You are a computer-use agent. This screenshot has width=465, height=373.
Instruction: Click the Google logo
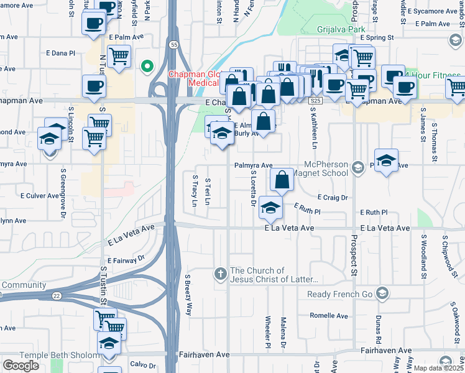point(21,366)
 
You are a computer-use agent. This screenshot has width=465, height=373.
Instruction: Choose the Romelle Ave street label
point(328,315)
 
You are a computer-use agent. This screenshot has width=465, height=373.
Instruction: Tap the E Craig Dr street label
point(332,197)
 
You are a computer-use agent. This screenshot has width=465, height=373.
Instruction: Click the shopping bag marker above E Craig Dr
point(282,180)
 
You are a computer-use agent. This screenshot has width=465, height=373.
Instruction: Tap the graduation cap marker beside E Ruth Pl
point(270,208)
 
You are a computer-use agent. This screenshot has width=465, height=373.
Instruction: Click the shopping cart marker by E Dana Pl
point(119,56)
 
